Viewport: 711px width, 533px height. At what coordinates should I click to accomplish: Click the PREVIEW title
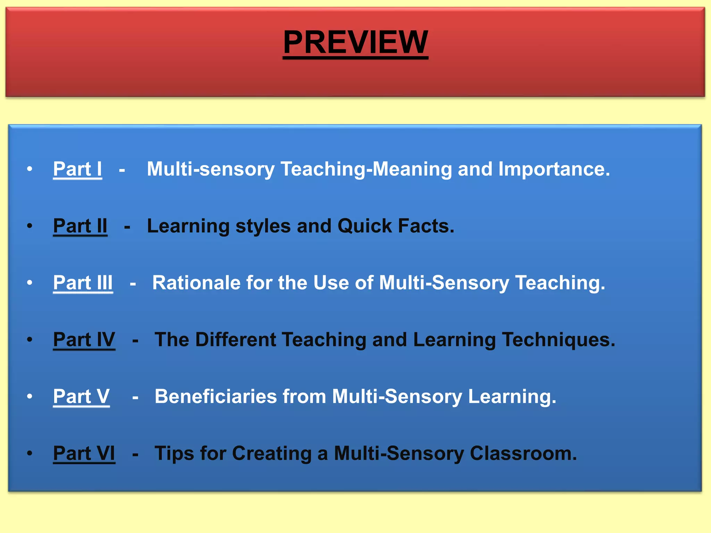[x=355, y=42]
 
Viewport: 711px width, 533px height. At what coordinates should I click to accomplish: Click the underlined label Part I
[x=77, y=169]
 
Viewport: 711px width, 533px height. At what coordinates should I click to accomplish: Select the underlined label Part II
[x=80, y=226]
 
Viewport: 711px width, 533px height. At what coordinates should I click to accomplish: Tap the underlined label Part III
[x=83, y=283]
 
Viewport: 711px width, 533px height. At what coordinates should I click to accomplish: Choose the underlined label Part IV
[x=84, y=339]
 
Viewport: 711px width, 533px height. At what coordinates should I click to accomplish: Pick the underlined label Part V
[x=81, y=396]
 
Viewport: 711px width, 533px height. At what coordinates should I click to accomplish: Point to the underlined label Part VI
[x=84, y=453]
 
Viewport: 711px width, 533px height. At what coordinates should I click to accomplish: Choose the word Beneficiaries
[x=216, y=396]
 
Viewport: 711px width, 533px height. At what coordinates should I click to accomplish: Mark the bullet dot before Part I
[x=30, y=169]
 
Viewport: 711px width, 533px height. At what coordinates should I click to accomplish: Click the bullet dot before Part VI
[x=30, y=453]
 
